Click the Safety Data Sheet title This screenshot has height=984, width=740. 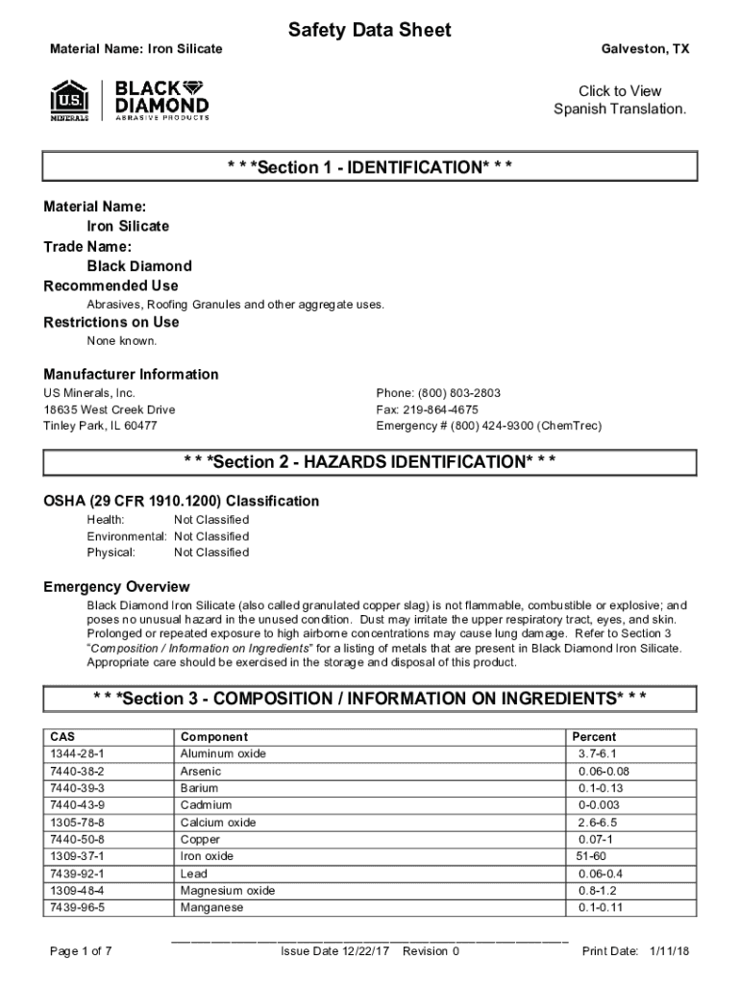[370, 31]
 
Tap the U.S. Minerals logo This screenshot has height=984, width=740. [69, 100]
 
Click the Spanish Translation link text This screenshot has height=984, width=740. [620, 109]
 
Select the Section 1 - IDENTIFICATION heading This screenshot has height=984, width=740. [370, 168]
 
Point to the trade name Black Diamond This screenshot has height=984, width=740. [139, 266]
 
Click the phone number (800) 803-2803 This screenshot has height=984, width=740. [438, 394]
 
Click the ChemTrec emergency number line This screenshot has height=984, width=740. [489, 426]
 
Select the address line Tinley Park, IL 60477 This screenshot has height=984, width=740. [100, 426]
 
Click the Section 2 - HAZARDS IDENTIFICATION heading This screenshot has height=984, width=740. [370, 462]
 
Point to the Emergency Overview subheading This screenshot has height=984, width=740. [117, 587]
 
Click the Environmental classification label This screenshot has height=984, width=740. [127, 535]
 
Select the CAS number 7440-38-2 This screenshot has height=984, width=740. [77, 772]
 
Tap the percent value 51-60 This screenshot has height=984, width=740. [591, 856]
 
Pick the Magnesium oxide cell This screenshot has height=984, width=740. [228, 891]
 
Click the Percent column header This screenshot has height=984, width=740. [594, 737]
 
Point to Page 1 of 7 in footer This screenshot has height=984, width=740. [81, 951]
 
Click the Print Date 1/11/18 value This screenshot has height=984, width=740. [670, 951]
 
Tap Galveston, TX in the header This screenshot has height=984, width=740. [645, 48]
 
